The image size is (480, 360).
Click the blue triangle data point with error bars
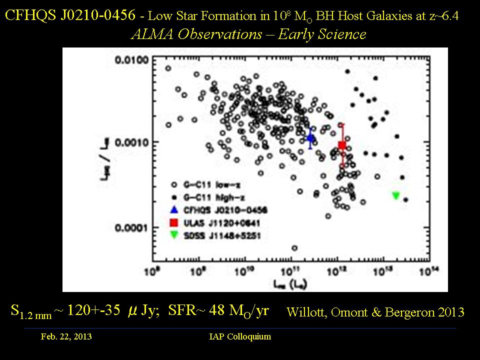(x=310, y=138)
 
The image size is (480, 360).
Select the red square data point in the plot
(x=342, y=145)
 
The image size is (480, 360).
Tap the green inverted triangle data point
(x=396, y=195)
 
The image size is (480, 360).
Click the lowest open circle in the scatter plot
(x=294, y=248)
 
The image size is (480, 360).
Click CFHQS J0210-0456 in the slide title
(x=70, y=15)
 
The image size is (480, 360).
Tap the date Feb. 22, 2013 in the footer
(x=66, y=336)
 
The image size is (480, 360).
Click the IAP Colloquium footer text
(x=240, y=336)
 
